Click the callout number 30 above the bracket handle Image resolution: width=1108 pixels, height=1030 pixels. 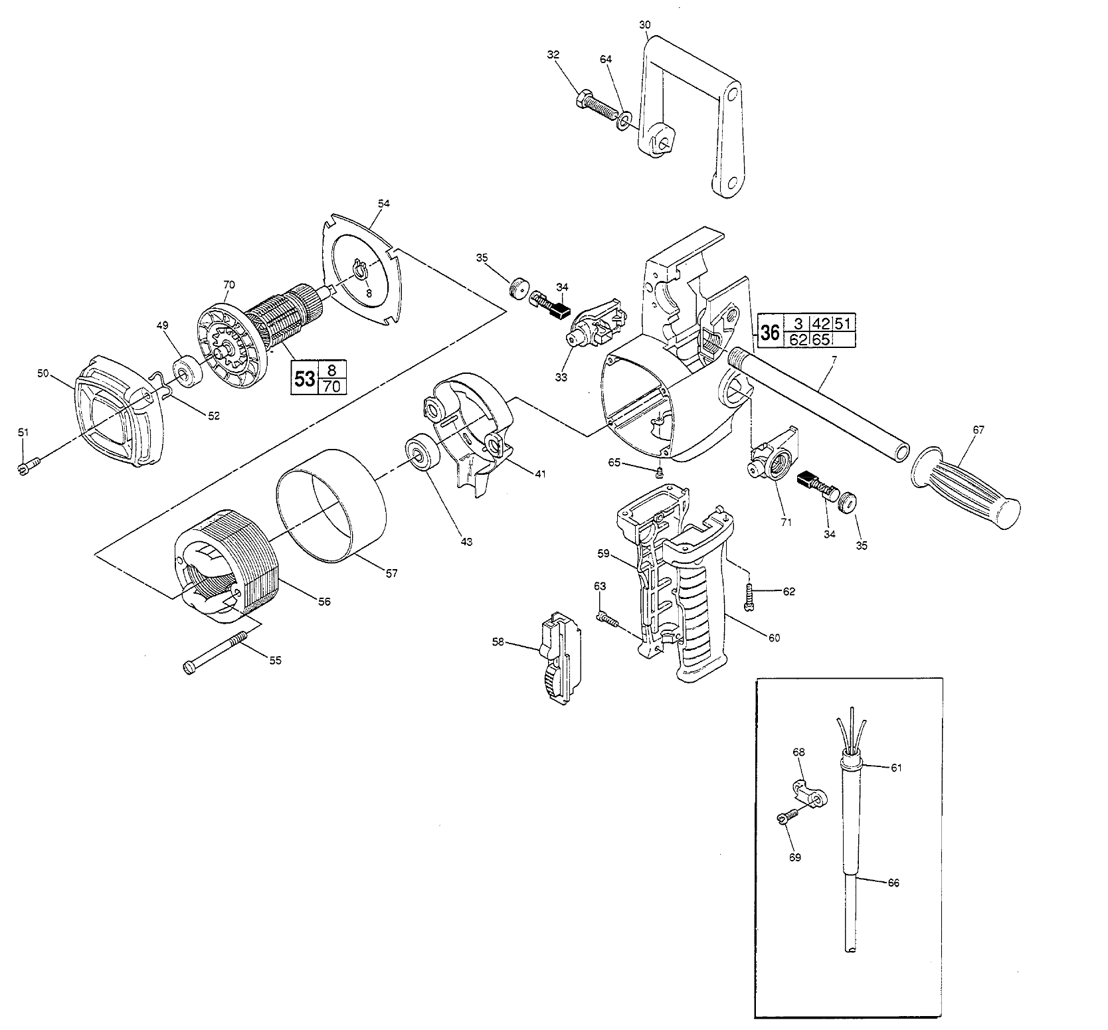point(644,25)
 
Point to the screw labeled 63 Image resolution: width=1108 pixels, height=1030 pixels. point(606,618)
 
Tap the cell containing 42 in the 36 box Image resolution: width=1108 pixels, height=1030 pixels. point(822,323)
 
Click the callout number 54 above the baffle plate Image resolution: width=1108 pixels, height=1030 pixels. point(383,203)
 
